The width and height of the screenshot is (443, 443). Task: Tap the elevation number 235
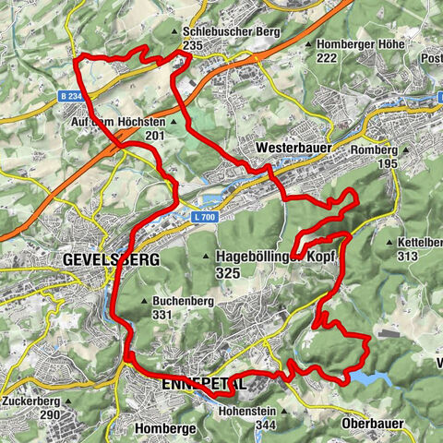[x=193, y=44]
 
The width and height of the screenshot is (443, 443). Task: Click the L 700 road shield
[x=206, y=217]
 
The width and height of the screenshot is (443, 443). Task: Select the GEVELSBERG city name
[x=110, y=259]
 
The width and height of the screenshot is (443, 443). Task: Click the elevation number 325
[x=227, y=273]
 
